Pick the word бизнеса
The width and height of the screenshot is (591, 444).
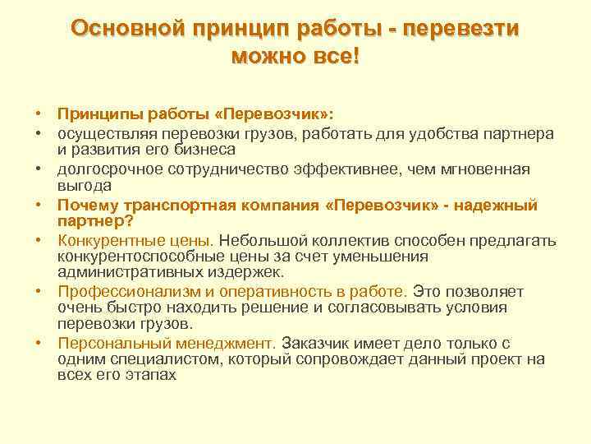[x=202, y=149]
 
